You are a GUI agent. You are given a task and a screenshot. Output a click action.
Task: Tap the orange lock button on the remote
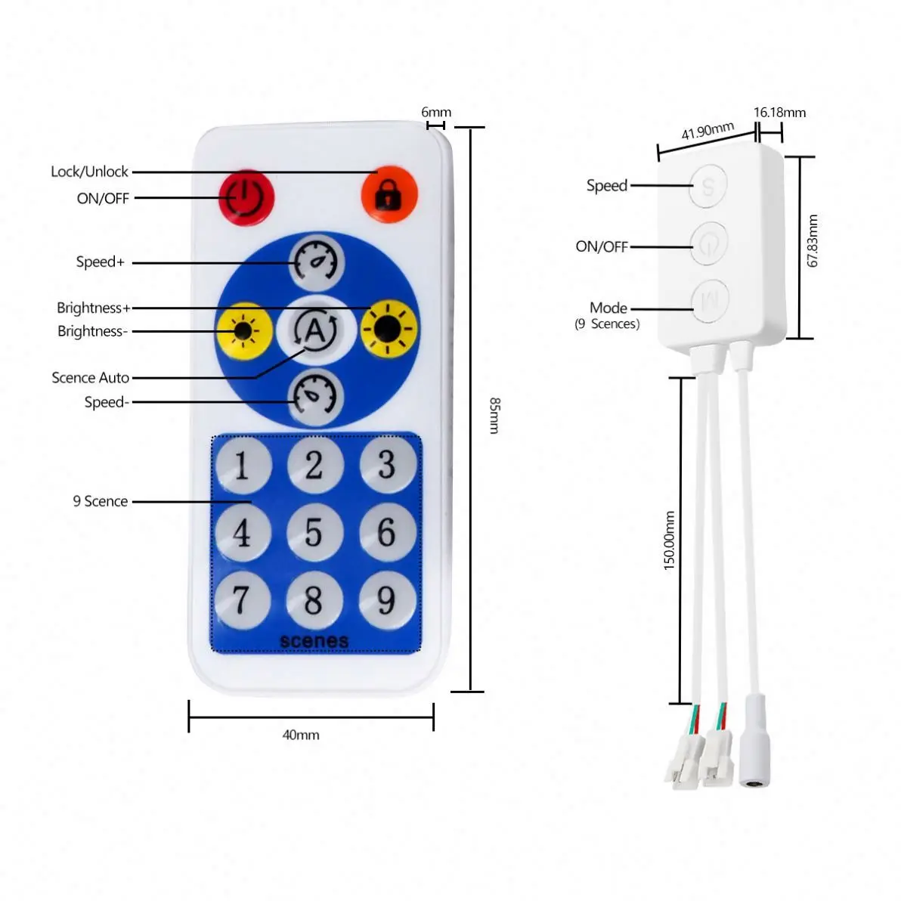click(x=389, y=194)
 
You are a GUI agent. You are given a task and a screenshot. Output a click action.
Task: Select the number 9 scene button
click(x=387, y=601)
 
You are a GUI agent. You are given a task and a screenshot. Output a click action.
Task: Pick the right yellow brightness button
click(x=389, y=329)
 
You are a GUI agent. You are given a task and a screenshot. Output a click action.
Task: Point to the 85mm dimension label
click(x=494, y=415)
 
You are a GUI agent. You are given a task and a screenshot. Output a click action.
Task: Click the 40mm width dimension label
click(x=301, y=735)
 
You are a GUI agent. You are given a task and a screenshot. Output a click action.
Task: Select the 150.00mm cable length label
click(x=669, y=540)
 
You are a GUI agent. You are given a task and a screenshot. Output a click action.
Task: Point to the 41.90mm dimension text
click(x=707, y=132)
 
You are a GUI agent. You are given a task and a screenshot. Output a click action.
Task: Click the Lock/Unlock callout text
click(x=89, y=172)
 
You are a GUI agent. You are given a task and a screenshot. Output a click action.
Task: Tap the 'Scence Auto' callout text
click(x=90, y=377)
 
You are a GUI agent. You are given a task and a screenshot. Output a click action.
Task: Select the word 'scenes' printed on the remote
click(x=314, y=641)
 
